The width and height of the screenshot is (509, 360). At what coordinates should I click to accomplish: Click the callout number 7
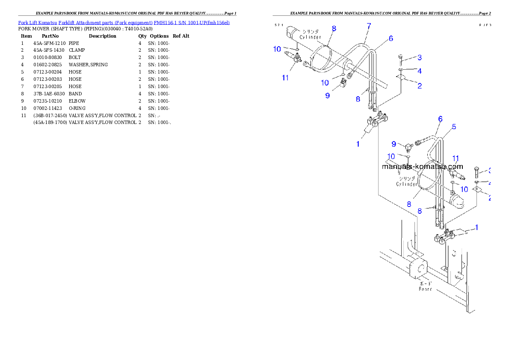tap(368, 26)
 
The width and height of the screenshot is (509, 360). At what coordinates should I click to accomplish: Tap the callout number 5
tap(454, 127)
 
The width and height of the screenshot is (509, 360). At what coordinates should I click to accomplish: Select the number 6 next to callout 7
tap(391, 38)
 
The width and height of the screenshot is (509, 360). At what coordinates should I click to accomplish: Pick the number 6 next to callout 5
tap(440, 119)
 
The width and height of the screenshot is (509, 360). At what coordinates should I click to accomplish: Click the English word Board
tap(425, 289)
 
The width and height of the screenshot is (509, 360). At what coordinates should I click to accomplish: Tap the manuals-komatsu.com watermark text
tap(422, 167)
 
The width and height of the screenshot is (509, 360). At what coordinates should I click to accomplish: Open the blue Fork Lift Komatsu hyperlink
tap(124, 22)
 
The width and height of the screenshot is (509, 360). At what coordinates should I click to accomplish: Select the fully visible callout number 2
tap(420, 86)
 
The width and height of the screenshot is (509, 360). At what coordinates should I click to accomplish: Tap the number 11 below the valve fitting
tap(285, 77)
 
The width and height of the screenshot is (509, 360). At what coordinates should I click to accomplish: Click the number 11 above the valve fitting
tap(456, 159)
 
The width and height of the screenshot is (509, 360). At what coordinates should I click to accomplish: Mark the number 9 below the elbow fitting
tap(327, 95)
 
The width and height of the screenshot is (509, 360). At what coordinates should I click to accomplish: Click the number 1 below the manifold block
tap(358, 144)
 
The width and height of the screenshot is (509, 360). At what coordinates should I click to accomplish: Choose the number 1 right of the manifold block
tap(476, 227)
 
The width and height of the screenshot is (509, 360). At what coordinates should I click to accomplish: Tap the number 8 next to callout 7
tap(334, 29)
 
